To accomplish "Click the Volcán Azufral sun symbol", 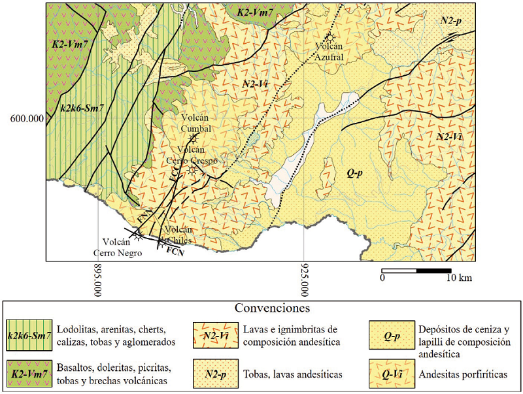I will coord(331,37).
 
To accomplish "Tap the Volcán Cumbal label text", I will coord(194,122).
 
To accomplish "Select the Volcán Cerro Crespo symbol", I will coord(192,170).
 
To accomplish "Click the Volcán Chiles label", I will coord(178,234).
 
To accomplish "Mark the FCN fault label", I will coord(174,250).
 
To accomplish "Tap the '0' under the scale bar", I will coord(382,278).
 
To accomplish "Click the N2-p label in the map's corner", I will coord(451,21).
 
